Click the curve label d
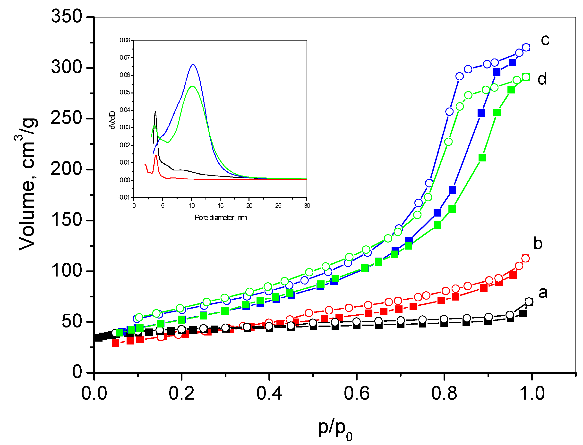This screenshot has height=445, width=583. [542, 79]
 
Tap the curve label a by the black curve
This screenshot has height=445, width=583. [543, 293]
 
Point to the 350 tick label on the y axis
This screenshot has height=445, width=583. [67, 17]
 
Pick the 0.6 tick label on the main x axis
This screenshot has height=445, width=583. [356, 394]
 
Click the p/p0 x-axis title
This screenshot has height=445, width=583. [335, 428]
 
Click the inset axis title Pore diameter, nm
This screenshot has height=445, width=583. [221, 218]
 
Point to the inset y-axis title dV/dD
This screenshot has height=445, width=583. [112, 120]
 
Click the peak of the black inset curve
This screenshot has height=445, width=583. [155, 111]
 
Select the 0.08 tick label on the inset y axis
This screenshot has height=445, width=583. [125, 40]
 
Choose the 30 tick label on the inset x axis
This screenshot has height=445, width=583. [307, 206]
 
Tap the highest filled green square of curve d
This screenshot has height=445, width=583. [511, 90]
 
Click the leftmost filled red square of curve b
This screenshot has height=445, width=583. [115, 343]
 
